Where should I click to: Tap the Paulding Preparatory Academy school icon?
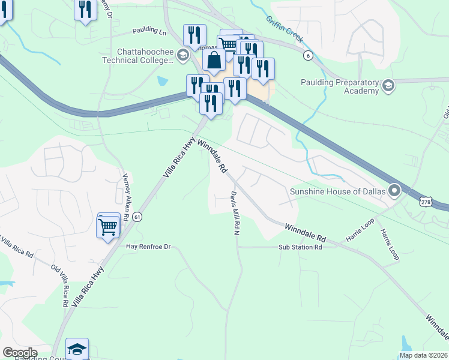click(x=388, y=86)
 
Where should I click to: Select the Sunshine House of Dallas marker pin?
click(x=394, y=191)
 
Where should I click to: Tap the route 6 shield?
click(x=308, y=55)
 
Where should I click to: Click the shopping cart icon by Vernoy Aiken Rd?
click(x=108, y=227)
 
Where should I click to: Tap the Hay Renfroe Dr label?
click(x=148, y=247)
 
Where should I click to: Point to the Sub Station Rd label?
click(x=300, y=247)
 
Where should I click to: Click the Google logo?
click(x=20, y=353)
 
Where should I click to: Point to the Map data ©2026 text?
click(x=423, y=355)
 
